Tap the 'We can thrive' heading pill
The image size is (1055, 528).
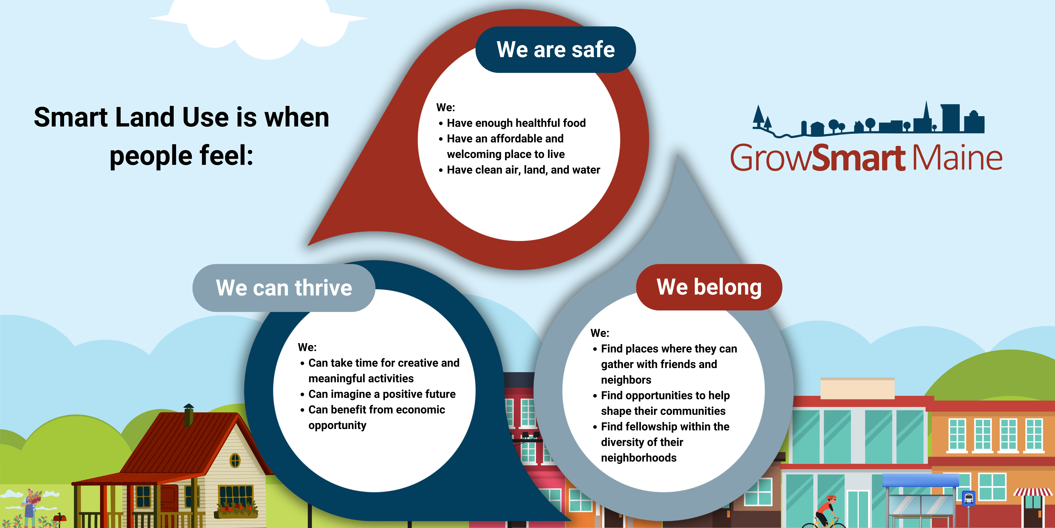coord(284,288)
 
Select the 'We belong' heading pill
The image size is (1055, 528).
coord(709,287)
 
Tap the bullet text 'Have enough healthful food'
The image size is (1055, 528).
coord(516,123)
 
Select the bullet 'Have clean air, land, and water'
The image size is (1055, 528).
coord(523,170)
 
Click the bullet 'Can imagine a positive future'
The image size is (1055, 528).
coord(382,394)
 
